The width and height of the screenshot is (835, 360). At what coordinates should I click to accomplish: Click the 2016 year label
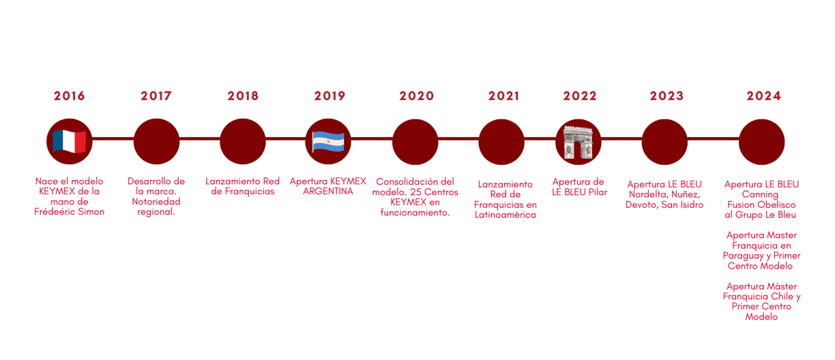click(69, 96)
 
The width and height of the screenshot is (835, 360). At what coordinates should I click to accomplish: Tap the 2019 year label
click(329, 96)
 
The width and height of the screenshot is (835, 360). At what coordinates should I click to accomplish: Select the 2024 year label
click(763, 96)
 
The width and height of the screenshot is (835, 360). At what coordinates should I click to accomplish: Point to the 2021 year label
click(503, 96)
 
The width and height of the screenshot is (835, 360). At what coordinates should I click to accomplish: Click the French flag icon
click(69, 141)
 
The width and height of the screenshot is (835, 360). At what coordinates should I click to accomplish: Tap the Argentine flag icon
click(328, 141)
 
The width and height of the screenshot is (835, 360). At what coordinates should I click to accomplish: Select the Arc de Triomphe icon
click(578, 141)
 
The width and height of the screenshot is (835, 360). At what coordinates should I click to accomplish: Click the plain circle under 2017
click(156, 141)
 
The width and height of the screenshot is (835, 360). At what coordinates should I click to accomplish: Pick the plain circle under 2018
click(243, 141)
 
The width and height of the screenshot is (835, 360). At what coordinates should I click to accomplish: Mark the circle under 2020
click(415, 141)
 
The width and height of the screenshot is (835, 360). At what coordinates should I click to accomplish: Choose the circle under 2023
click(664, 141)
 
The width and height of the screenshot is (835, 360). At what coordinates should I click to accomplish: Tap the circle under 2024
click(762, 141)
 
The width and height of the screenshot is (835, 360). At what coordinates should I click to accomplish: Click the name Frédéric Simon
click(69, 212)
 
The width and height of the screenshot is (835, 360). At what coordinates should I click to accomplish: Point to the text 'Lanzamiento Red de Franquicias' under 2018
click(243, 186)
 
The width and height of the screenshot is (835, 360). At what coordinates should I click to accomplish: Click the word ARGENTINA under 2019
click(328, 192)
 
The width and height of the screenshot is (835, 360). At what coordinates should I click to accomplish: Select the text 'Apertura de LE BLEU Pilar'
click(579, 187)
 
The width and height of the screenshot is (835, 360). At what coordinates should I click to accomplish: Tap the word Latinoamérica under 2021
click(506, 215)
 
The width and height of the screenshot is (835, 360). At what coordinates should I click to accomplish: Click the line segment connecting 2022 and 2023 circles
click(621, 138)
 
